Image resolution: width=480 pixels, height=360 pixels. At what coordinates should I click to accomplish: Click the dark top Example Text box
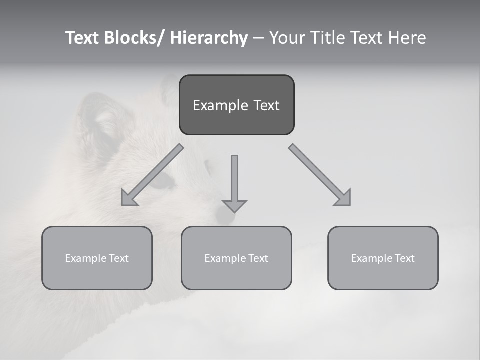pyautogui.click(x=236, y=105)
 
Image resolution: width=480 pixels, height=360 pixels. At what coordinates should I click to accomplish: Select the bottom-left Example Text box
pyautogui.click(x=97, y=258)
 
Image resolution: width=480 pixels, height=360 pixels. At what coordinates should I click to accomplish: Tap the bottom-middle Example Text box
pyautogui.click(x=236, y=258)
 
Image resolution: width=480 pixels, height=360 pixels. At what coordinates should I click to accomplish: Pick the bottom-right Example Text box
pyautogui.click(x=383, y=258)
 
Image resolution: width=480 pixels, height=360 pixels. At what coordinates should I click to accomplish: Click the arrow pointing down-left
pyautogui.click(x=152, y=175)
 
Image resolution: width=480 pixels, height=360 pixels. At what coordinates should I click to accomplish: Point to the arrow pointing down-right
pyautogui.click(x=320, y=175)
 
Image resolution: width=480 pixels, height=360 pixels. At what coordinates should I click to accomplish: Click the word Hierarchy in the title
pyautogui.click(x=209, y=38)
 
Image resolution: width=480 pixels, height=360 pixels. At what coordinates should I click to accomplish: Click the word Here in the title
pyautogui.click(x=408, y=38)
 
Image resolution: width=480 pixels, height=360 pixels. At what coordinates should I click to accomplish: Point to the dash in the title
pyautogui.click(x=258, y=38)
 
